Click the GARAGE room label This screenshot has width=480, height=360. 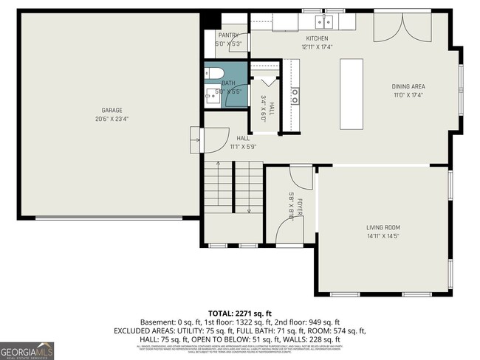tap(112, 111)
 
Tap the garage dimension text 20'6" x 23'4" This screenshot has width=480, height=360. tap(112, 119)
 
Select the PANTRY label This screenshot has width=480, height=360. tap(227, 35)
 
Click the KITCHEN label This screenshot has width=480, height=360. tap(317, 38)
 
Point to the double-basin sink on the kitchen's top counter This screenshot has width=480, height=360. tap(323, 21)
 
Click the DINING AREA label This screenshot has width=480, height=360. tap(408, 86)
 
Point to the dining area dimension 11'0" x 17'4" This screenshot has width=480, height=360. tap(408, 95)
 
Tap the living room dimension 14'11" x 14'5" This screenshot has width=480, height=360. tap(383, 236)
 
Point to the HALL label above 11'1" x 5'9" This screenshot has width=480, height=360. tap(243, 138)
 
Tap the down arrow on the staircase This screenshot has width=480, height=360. tap(249, 210)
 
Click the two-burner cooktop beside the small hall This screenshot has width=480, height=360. tap(295, 94)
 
